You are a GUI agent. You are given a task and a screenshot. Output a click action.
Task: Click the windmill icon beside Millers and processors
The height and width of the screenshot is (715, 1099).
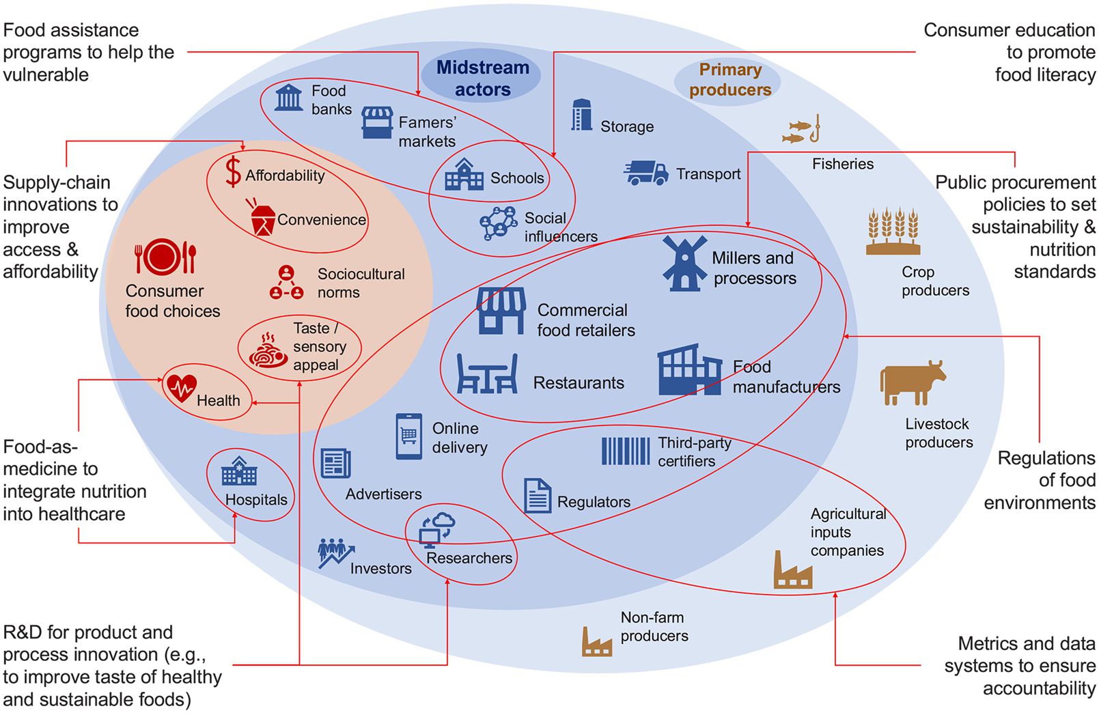click(x=684, y=264)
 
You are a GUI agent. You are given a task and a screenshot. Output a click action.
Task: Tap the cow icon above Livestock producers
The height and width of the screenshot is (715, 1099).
click(x=913, y=383)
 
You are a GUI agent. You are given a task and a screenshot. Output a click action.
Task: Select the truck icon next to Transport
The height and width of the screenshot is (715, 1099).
click(x=645, y=173)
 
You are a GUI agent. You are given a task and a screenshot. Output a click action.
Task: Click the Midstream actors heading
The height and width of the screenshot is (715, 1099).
click(x=482, y=79)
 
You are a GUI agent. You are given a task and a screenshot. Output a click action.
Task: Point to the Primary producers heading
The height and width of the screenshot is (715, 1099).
click(x=729, y=79)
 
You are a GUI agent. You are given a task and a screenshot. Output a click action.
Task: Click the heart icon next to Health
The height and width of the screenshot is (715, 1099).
click(x=181, y=388)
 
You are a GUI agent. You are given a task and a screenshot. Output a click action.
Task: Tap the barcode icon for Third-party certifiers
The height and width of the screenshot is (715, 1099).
click(x=625, y=451)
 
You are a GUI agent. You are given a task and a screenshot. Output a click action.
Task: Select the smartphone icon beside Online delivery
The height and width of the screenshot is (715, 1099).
click(x=408, y=436)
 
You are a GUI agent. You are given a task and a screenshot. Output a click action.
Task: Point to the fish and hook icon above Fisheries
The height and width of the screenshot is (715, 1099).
click(x=801, y=130)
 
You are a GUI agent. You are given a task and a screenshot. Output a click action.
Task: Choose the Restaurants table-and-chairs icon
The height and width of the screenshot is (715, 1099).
click(x=486, y=374)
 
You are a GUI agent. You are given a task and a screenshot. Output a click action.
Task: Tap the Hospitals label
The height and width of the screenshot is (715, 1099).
click(x=256, y=500)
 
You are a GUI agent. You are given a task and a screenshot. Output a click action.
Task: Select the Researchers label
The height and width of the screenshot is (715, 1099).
click(x=469, y=558)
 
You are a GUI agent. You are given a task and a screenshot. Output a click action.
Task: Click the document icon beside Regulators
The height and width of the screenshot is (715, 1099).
click(x=538, y=495)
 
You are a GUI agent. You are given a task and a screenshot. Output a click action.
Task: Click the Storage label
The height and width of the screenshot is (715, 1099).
click(x=627, y=126)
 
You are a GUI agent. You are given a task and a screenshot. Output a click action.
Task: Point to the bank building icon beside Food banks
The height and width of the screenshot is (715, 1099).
click(x=288, y=98)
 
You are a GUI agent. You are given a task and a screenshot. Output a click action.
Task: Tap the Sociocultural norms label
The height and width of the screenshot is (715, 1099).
click(x=361, y=283)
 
